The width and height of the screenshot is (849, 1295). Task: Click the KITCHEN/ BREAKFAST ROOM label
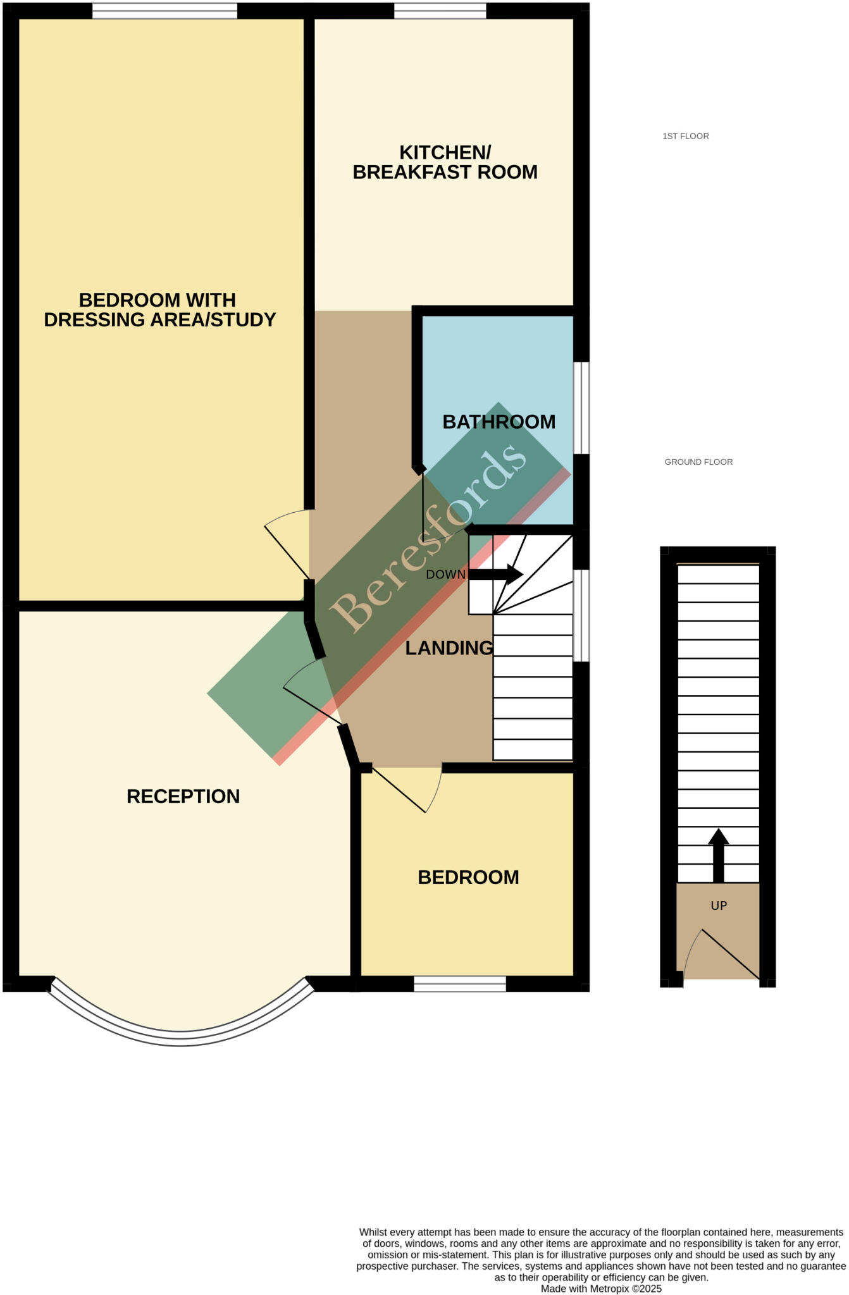445,163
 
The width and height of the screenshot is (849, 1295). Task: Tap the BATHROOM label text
499,422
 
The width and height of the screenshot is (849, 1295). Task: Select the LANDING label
449,648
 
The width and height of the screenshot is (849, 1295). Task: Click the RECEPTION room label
183,796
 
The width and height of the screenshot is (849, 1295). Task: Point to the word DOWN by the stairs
445,575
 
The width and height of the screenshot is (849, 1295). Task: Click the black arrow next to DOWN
496,575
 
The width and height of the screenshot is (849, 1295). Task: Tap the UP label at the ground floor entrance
719,905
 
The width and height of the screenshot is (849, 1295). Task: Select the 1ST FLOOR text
685,136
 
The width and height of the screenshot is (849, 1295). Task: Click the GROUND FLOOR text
698,462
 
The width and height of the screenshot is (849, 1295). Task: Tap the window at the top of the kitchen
440,11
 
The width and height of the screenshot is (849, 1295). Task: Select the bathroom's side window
581,408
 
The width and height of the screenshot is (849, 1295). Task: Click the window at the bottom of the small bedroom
460,983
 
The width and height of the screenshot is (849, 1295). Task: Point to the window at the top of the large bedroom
164,11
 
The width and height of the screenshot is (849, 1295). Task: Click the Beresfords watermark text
428,537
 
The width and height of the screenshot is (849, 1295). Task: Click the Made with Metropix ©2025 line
600,1288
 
